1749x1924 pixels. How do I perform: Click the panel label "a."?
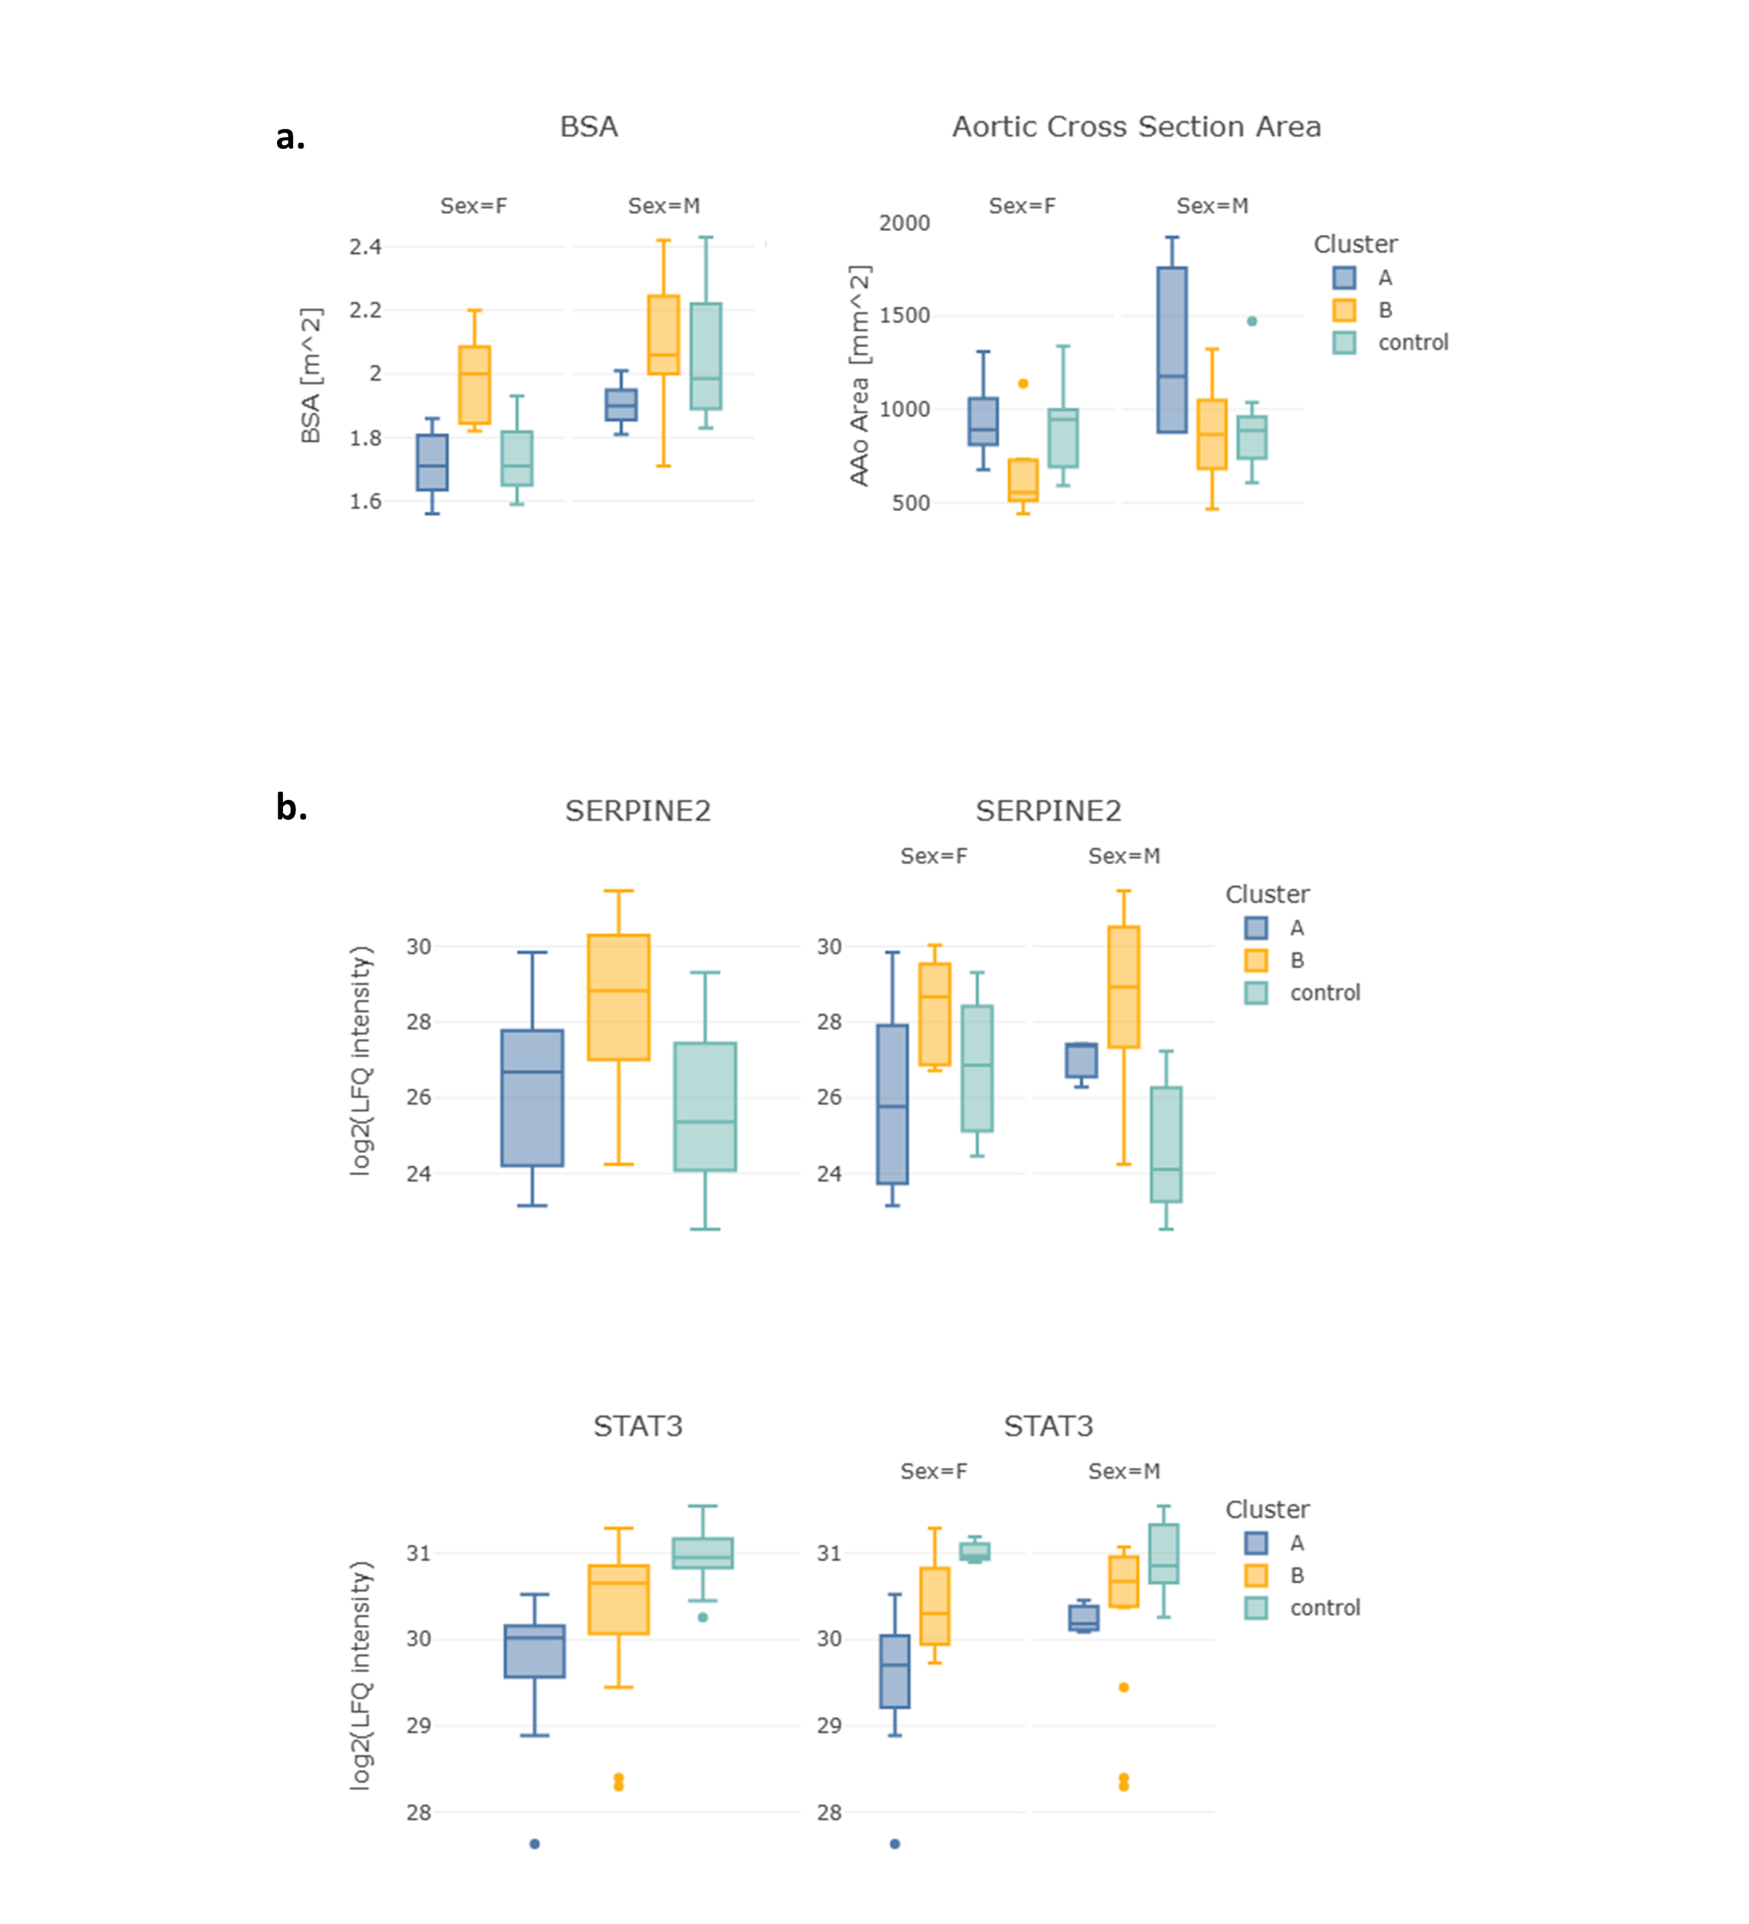[x=290, y=138]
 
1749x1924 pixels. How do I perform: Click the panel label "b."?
[x=291, y=807]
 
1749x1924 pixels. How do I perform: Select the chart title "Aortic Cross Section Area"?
[x=1135, y=127]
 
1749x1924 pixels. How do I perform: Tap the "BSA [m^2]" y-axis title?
[x=311, y=375]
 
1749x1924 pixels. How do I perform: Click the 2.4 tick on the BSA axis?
[x=366, y=247]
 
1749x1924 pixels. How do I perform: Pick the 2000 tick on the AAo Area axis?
[x=903, y=224]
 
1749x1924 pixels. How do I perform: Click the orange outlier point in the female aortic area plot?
[x=1023, y=384]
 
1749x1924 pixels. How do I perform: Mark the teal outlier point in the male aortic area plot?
[x=1252, y=321]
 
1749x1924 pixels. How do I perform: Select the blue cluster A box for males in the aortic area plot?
[x=1171, y=350]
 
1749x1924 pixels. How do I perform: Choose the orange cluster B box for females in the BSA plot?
[x=474, y=384]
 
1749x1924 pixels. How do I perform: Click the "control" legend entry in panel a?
[x=1412, y=343]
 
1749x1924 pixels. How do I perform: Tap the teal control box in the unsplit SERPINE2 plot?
[x=705, y=1106]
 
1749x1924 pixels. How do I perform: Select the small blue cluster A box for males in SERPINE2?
[x=1081, y=1060]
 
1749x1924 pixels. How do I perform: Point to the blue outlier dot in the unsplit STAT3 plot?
[x=535, y=1844]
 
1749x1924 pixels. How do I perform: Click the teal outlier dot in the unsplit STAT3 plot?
[x=703, y=1617]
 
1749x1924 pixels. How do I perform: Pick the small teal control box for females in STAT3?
[x=974, y=1551]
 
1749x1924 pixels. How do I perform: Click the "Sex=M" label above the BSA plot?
[x=663, y=206]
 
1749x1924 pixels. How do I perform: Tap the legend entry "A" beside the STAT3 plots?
[x=1296, y=1543]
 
